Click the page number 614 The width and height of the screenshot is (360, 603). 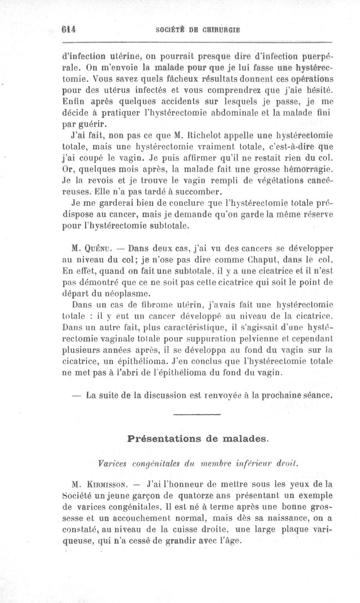coord(68,29)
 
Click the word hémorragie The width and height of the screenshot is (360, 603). coord(306,169)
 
